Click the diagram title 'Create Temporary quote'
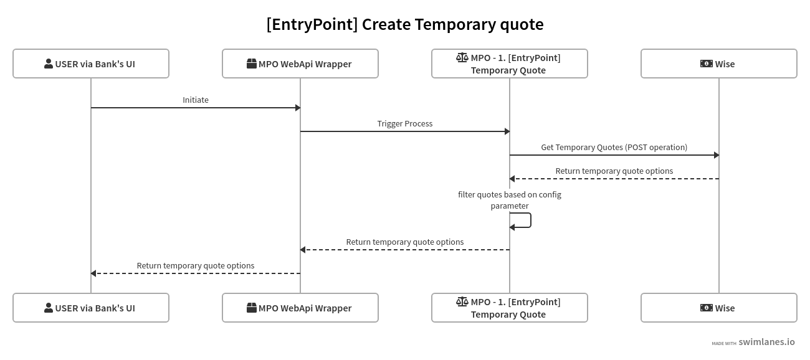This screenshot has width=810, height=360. (x=404, y=24)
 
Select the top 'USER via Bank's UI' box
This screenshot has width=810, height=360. (x=91, y=64)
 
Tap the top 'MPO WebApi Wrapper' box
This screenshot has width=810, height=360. (x=300, y=64)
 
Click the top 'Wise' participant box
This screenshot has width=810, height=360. (x=718, y=64)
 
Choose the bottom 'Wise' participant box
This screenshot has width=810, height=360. (x=718, y=308)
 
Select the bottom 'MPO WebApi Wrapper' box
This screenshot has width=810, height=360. (x=300, y=308)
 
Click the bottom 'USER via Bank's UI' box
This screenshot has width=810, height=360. (x=91, y=308)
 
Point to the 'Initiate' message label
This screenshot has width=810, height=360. (x=196, y=100)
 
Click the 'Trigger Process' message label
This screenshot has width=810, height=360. (x=405, y=123)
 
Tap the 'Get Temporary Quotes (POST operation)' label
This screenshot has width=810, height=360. (x=614, y=147)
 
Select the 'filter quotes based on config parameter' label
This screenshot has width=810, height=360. (x=510, y=200)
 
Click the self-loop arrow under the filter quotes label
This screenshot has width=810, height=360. (x=530, y=220)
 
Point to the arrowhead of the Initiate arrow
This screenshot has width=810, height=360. (x=298, y=108)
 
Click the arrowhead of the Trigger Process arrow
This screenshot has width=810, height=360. (x=507, y=131)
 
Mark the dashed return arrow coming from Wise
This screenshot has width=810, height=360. (x=614, y=179)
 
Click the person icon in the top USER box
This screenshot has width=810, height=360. (x=49, y=64)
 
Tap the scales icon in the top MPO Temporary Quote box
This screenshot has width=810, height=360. (x=462, y=57)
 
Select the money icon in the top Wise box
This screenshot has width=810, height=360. (x=706, y=64)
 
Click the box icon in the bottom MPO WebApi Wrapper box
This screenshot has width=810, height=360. (x=252, y=308)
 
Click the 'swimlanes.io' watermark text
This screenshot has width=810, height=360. (x=766, y=342)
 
